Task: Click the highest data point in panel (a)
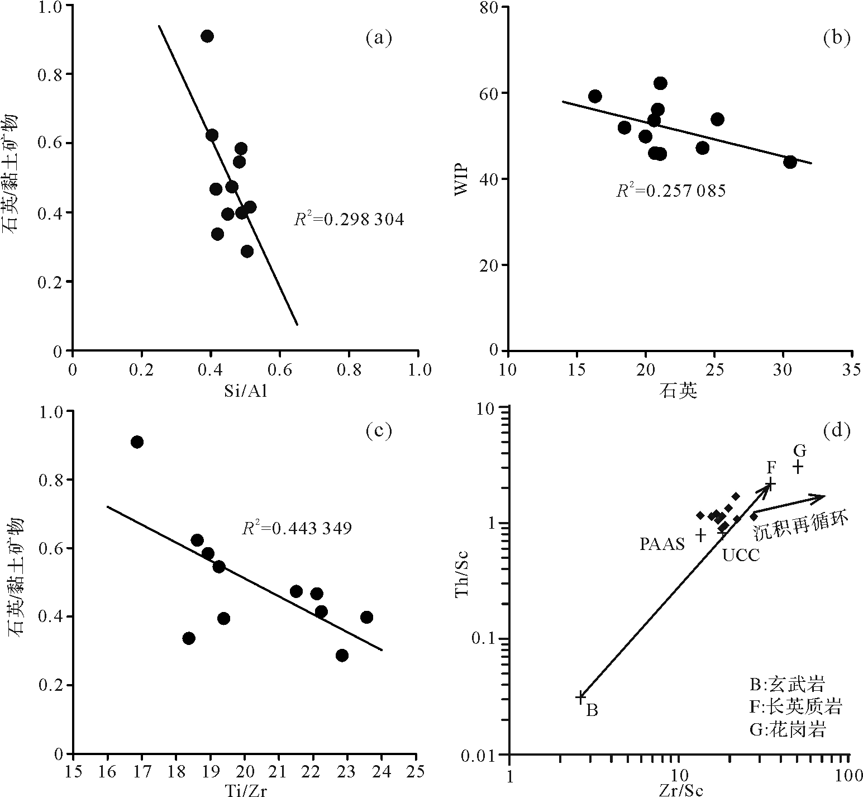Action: (x=207, y=36)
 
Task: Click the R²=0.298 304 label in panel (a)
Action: (x=349, y=220)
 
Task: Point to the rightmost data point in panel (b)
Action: (x=790, y=162)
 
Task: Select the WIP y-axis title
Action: (x=461, y=178)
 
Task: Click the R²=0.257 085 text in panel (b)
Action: (x=670, y=191)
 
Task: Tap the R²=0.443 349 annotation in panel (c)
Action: (x=297, y=527)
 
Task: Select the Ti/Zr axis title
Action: (x=245, y=790)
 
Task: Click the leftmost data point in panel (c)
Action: (x=137, y=442)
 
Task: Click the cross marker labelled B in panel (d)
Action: (x=581, y=696)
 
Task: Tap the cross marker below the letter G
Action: (x=799, y=467)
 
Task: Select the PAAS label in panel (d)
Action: (x=662, y=544)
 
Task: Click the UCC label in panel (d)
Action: (x=741, y=556)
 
